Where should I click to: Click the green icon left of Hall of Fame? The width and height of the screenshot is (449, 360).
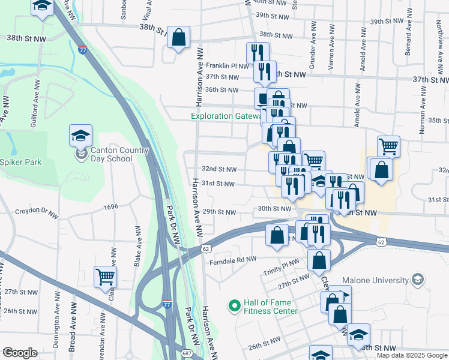[x=234, y=307]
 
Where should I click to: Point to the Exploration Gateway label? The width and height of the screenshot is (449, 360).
[x=225, y=116]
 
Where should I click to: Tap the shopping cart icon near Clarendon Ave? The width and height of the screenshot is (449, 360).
[x=105, y=277]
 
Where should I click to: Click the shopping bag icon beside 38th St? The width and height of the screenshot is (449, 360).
[x=179, y=38]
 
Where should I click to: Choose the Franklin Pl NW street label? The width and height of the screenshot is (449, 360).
[x=227, y=65]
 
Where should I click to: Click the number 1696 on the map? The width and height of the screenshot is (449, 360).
[x=111, y=207]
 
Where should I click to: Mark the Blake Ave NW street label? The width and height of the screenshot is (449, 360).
[x=137, y=251]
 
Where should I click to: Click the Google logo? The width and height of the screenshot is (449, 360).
[x=20, y=353]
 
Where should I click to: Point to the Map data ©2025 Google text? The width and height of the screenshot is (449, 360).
[x=412, y=355]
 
